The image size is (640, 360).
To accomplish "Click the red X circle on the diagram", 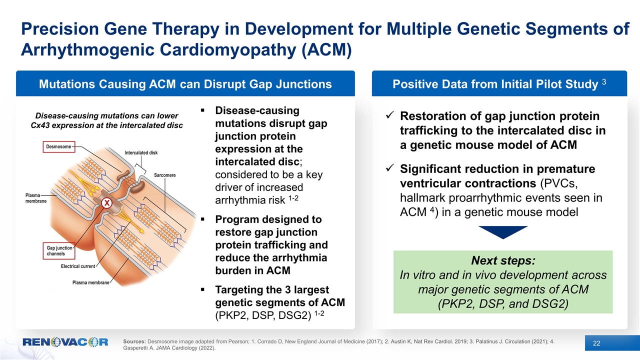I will [x=106, y=203].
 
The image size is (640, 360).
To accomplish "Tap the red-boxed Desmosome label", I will [x=59, y=146].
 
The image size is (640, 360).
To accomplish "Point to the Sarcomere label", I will [x=164, y=176].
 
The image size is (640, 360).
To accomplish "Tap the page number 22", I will [x=596, y=343].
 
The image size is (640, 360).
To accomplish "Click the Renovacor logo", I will [x=65, y=343].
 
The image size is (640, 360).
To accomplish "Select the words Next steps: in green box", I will [x=502, y=261].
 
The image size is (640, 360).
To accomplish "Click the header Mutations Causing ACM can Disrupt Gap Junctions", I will [x=185, y=84].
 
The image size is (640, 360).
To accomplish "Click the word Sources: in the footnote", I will [x=134, y=341].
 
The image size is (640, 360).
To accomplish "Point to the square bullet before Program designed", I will [x=202, y=220].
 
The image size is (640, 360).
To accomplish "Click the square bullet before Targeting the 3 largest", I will [x=202, y=290].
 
